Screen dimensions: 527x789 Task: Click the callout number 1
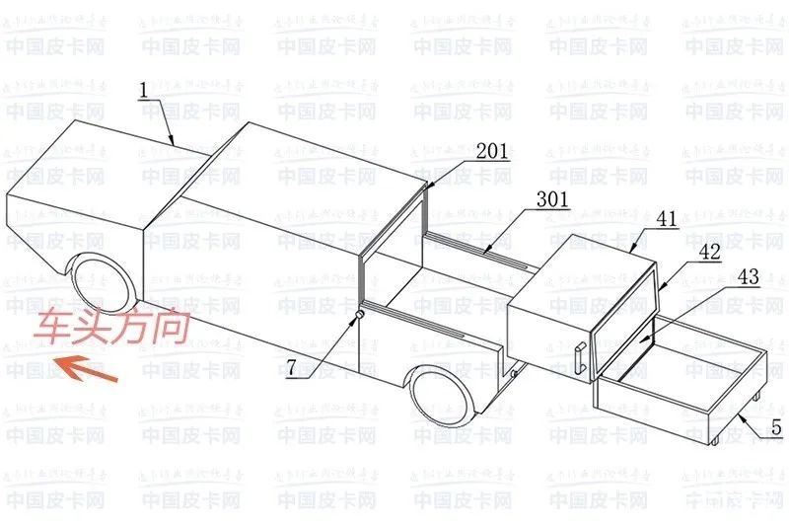pyautogui.click(x=143, y=91)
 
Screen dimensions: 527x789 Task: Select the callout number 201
pyautogui.click(x=492, y=151)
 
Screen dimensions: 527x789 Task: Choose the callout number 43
pyautogui.click(x=748, y=280)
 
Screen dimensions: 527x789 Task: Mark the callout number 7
pyautogui.click(x=292, y=371)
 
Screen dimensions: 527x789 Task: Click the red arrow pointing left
pyautogui.click(x=87, y=370)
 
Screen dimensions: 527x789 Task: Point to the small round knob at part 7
pyautogui.click(x=358, y=315)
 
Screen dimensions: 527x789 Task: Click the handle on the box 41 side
pyautogui.click(x=580, y=357)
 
